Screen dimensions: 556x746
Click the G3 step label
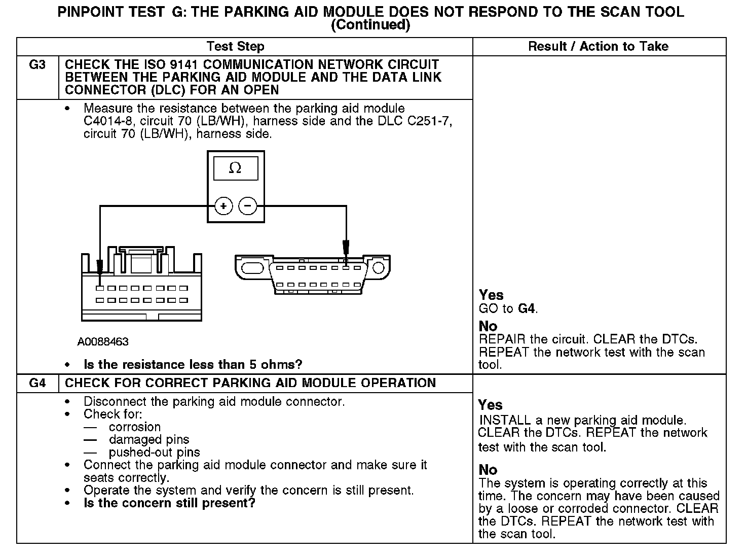point(38,65)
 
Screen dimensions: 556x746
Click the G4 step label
point(38,383)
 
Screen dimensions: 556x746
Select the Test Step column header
point(236,47)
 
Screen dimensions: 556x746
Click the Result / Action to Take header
point(598,47)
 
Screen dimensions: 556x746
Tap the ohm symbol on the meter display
point(235,168)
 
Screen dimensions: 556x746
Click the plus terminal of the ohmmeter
point(223,206)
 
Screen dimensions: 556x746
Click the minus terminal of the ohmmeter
point(247,206)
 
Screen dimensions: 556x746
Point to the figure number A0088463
point(103,342)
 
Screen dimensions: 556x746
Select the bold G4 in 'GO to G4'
point(527,309)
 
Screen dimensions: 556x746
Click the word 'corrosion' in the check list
point(135,427)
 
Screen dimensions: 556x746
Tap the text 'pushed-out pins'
point(154,453)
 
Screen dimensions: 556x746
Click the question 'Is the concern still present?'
point(169,503)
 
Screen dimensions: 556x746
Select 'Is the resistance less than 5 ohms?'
point(193,365)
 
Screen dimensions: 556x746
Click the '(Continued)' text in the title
point(370,24)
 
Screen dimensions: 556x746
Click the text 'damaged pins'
point(149,440)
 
